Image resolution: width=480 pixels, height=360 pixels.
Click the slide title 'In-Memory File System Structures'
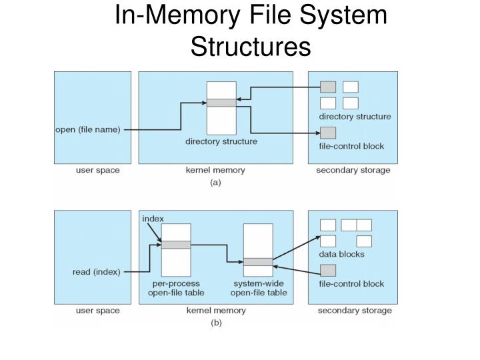[251, 30]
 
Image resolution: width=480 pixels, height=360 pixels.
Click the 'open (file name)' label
[87, 130]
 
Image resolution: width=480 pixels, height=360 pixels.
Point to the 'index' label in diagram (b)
[153, 219]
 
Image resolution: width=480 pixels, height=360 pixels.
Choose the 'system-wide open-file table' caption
[259, 288]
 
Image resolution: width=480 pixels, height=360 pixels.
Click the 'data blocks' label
[342, 254]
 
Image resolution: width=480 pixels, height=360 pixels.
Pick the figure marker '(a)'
[215, 181]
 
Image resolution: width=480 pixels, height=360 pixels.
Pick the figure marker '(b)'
[215, 323]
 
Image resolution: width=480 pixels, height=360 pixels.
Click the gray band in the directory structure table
[221, 103]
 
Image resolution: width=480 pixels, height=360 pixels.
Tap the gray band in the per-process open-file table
[176, 245]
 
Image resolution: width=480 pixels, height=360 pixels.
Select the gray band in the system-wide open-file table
[257, 262]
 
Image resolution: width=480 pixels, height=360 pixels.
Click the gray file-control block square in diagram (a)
[328, 132]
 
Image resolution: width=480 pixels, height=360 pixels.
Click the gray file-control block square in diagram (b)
[328, 270]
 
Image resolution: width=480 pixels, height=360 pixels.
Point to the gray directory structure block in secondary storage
[328, 87]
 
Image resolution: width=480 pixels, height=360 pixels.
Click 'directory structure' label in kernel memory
[221, 141]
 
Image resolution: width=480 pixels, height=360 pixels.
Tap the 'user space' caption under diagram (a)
[98, 170]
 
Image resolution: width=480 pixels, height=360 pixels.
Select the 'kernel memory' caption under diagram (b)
[215, 311]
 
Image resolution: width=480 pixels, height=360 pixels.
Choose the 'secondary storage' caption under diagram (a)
[353, 170]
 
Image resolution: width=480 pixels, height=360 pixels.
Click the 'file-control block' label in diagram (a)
[351, 146]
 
